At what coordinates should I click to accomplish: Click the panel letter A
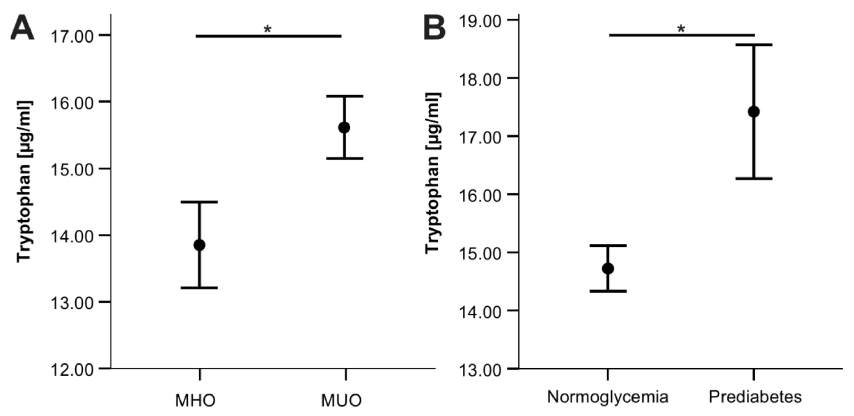(x=22, y=28)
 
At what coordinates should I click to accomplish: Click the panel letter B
(x=435, y=28)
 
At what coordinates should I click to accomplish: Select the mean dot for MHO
(x=199, y=245)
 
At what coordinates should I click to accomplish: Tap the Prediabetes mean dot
(x=753, y=112)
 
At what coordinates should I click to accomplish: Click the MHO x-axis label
(x=195, y=400)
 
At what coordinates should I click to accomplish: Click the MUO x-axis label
(x=341, y=400)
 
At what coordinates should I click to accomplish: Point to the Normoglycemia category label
(x=607, y=397)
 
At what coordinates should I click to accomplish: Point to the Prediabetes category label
(x=755, y=397)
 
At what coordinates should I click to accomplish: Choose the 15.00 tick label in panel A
(x=72, y=170)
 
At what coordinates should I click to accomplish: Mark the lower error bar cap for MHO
(x=199, y=288)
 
